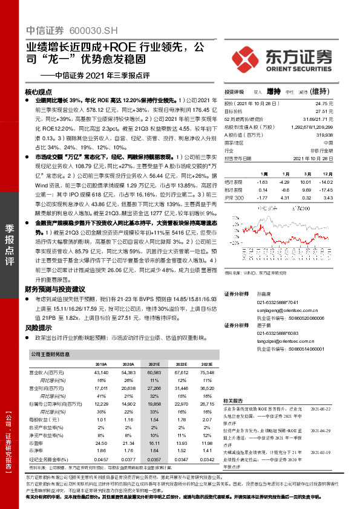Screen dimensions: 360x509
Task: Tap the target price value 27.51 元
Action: pyautogui.click(x=326, y=112)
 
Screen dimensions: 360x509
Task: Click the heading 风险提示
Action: pyautogui.click(x=38, y=327)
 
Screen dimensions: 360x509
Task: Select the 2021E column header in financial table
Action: pyautogui.click(x=155, y=365)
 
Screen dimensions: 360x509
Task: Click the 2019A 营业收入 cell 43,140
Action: pyautogui.click(x=100, y=374)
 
